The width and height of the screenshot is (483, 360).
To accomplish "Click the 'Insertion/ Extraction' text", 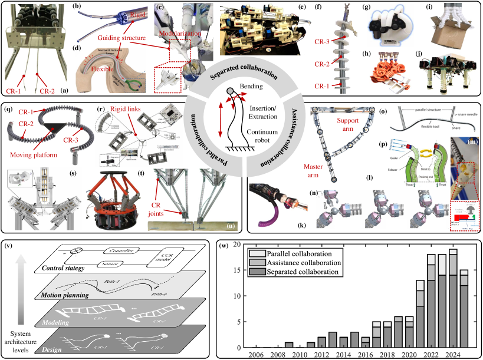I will pyautogui.click(x=264, y=113).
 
